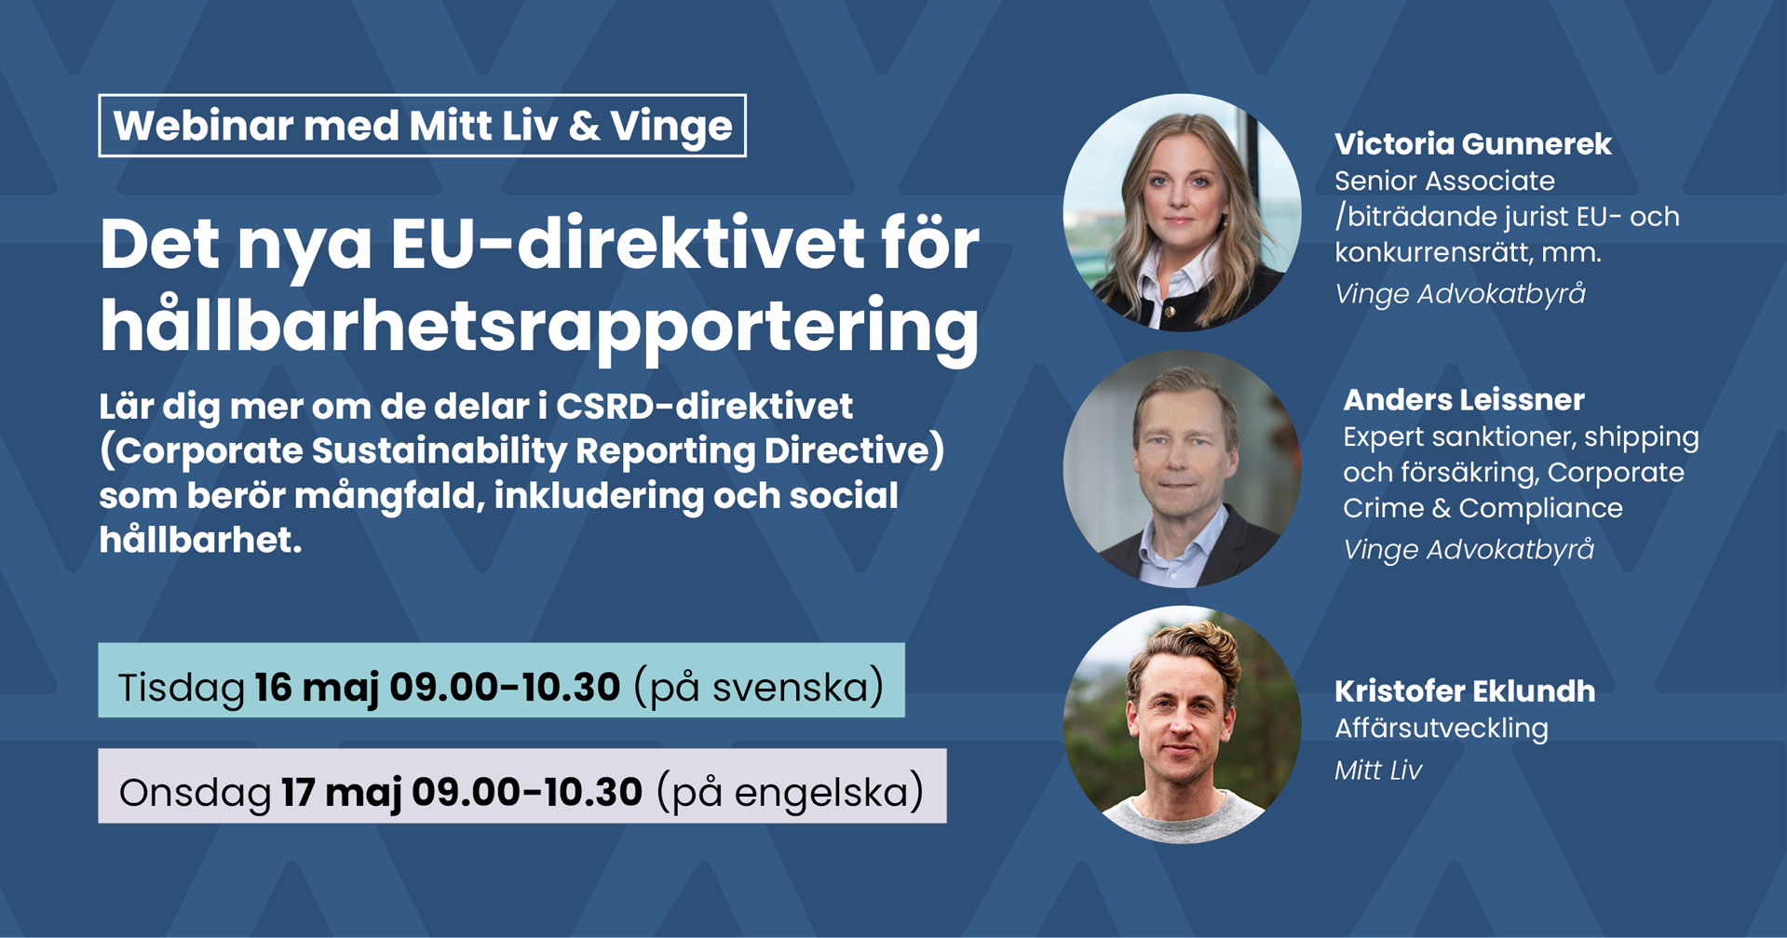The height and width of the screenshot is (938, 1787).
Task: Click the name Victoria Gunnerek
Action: pos(1472,144)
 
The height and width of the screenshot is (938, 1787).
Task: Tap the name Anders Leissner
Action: pos(1463,400)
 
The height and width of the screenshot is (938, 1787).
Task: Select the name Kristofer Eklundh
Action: pos(1464,691)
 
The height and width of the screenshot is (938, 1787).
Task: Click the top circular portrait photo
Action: pos(1182,212)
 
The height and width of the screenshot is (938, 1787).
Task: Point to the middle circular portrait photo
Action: pos(1182,468)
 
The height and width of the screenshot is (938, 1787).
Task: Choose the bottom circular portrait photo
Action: pos(1182,724)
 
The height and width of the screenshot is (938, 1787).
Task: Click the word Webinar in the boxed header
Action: pos(203,126)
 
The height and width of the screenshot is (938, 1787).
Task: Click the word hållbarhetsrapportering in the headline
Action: pos(539,326)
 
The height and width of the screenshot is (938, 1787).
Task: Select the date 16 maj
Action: pos(317,688)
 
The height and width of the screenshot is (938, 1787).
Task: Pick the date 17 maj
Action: pos(341,793)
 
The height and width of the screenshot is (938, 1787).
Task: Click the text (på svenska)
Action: pos(758,688)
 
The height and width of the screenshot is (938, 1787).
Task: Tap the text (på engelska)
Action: pos(790,793)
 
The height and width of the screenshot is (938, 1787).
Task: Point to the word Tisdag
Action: pos(181,688)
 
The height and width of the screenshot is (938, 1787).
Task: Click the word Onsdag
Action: pos(195,793)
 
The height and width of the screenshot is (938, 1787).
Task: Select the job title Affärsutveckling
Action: pos(1441,728)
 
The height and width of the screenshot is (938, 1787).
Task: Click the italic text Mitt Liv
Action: pos(1377,770)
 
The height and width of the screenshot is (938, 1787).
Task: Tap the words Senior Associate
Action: pos(1444,181)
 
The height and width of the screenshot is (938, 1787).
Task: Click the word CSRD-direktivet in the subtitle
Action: pos(704,407)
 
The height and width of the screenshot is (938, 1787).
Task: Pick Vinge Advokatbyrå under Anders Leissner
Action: pos(1468,550)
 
